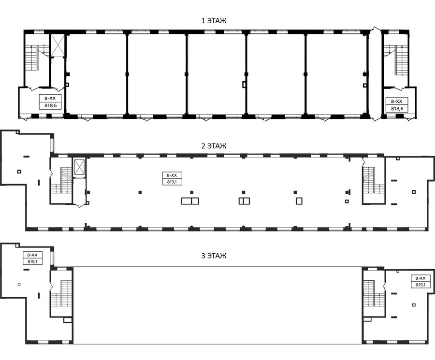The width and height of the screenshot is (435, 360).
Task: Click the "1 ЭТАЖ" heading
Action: [x=214, y=21]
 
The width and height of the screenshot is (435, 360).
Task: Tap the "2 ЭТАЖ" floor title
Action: [x=214, y=146]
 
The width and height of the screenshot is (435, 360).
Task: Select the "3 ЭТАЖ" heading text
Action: [x=214, y=256]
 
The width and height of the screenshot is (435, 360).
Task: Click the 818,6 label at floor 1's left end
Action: [x=50, y=105]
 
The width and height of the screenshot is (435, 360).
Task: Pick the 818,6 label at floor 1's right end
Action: [x=397, y=109]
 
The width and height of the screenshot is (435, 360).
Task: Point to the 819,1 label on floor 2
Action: [x=172, y=182]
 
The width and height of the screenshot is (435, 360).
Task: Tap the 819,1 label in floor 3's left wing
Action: [x=32, y=261]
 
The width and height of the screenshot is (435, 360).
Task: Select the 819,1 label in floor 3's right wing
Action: [x=420, y=285]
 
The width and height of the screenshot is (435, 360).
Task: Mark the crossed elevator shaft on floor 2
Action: [x=79, y=167]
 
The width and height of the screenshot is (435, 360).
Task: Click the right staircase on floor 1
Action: [x=396, y=59]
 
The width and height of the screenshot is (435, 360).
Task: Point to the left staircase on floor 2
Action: [x=61, y=180]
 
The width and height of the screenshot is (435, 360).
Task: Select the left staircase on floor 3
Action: [x=61, y=293]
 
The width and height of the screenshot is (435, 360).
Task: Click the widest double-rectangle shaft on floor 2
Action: [x=190, y=201]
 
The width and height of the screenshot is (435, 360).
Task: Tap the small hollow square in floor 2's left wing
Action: [x=19, y=172]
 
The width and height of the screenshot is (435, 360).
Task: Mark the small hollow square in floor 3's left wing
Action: [x=19, y=285]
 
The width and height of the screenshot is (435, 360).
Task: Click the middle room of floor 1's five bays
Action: [x=216, y=74]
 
